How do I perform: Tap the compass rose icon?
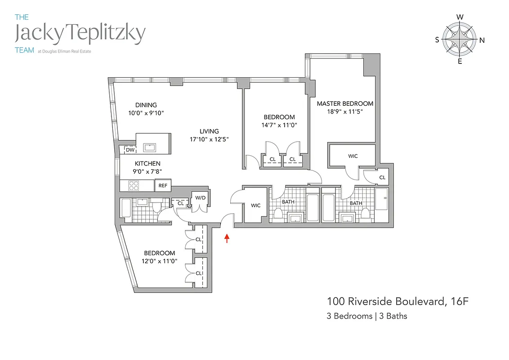tap(460, 40)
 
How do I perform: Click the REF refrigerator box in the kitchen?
tap(162, 185)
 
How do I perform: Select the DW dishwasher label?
tap(130, 150)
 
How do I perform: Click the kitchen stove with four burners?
tap(134, 185)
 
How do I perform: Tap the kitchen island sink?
tap(149, 147)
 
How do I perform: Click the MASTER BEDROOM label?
tap(345, 103)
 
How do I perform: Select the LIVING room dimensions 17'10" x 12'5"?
tap(209, 139)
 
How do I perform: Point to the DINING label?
tap(146, 105)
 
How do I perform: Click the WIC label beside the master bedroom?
tap(353, 156)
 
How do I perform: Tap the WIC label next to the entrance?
tap(255, 206)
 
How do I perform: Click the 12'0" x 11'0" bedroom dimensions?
tap(160, 261)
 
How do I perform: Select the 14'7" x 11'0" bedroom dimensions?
tap(279, 126)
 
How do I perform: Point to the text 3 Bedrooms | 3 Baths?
tap(367, 316)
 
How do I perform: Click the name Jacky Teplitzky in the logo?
tap(80, 34)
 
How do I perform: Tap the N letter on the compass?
tap(482, 40)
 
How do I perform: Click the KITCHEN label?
tap(147, 164)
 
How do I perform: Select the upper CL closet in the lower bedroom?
tap(198, 239)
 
